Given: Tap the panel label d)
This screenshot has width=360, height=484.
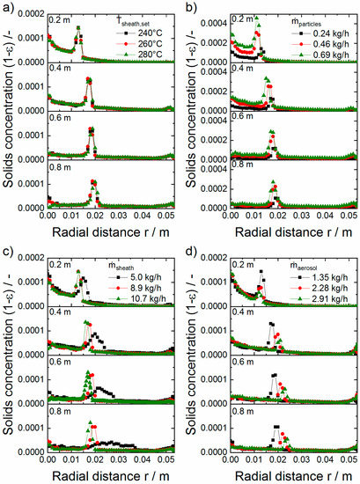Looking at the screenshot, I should click(188, 251).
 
